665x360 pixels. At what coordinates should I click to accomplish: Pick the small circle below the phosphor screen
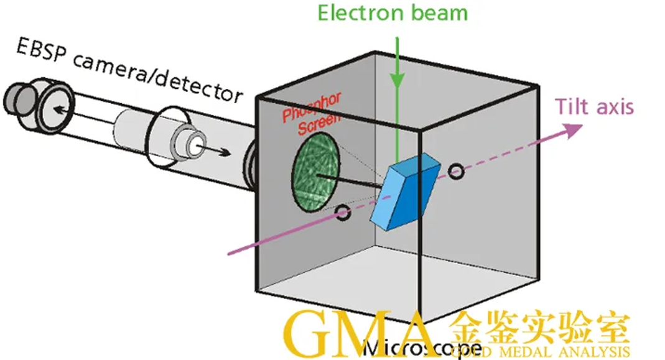tap(342, 213)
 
